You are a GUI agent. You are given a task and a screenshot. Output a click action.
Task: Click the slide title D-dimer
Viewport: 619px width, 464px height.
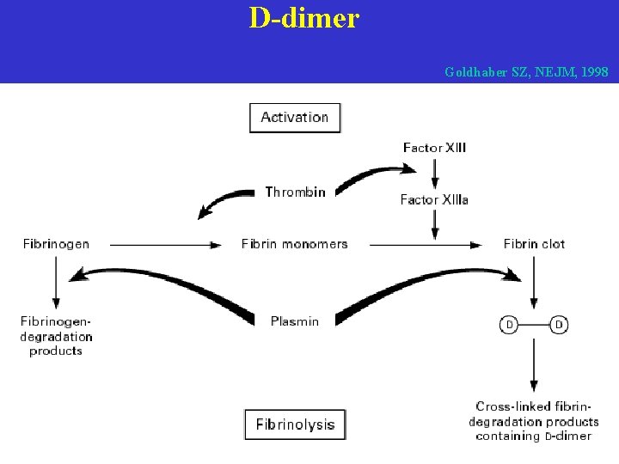pos(303,18)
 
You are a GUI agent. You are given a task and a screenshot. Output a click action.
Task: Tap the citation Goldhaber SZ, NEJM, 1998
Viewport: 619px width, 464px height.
pos(526,72)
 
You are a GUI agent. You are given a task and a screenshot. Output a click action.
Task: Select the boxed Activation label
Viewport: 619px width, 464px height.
pos(295,118)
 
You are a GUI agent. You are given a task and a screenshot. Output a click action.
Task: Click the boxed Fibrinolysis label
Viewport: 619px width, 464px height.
pos(295,424)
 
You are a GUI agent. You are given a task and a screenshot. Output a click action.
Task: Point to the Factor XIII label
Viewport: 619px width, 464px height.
pos(434,148)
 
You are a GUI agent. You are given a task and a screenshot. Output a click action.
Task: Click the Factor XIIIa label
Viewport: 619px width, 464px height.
pos(434,199)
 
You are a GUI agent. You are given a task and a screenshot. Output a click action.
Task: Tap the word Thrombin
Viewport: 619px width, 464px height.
pos(295,192)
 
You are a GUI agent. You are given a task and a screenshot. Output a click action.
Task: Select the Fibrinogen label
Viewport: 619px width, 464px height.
pos(56,244)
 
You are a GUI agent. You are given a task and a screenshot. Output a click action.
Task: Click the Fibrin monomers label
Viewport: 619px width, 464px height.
pos(295,244)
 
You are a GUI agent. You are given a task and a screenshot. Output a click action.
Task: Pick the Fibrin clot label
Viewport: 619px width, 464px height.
pos(534,244)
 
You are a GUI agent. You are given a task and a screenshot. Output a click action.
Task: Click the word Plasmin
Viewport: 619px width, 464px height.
pos(295,321)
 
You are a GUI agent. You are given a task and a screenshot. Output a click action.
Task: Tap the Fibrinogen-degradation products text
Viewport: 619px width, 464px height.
pos(56,336)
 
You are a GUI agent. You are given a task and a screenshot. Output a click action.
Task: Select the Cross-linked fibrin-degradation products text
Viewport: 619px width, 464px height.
pos(534,421)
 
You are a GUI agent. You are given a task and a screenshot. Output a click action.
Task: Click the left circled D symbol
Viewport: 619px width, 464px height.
pos(509,325)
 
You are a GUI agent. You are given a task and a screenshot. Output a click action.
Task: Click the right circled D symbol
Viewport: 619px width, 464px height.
pos(560,325)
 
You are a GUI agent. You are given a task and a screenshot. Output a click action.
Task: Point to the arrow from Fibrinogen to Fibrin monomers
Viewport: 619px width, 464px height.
pos(166,245)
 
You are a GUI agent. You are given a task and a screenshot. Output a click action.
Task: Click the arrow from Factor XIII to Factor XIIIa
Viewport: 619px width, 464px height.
pos(435,174)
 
